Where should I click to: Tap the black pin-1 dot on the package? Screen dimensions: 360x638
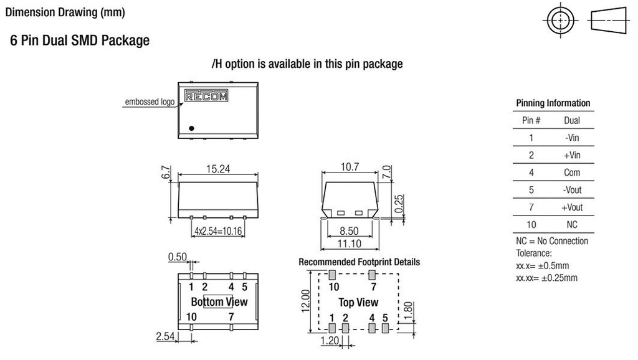[x=192, y=128]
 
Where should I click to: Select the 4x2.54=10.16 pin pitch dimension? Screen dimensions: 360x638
[x=217, y=232]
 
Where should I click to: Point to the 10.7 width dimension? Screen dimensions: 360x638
[x=350, y=167]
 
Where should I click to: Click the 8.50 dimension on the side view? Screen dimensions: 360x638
[x=350, y=231]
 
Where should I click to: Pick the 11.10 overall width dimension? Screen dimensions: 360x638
[x=350, y=243]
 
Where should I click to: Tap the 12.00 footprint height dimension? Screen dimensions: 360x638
[x=305, y=301]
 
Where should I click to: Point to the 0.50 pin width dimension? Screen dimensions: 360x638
[x=177, y=257]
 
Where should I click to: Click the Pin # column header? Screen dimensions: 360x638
[x=527, y=120]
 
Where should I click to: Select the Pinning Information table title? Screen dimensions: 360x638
[x=553, y=103]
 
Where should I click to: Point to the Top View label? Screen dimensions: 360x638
[x=358, y=302]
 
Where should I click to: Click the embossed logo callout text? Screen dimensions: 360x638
[x=150, y=102]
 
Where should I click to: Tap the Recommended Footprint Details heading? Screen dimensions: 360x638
[x=359, y=262]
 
